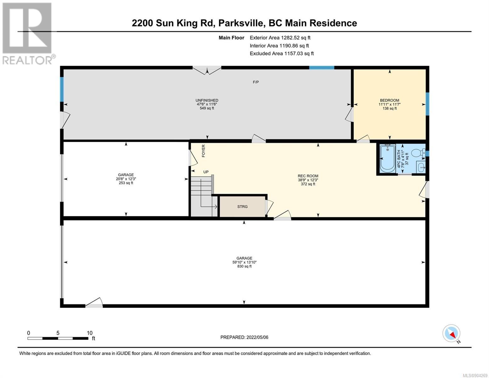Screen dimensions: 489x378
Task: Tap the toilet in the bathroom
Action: click(x=418, y=153)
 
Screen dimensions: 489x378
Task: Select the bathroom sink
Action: click(x=420, y=167)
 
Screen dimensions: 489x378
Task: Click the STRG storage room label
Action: click(x=242, y=206)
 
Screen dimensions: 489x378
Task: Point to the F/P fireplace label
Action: click(x=256, y=82)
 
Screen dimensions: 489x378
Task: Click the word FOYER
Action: click(x=203, y=151)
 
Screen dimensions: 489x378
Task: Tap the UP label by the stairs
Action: click(x=206, y=172)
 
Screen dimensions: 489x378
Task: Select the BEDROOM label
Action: click(x=389, y=100)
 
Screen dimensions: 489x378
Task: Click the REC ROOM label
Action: click(x=308, y=176)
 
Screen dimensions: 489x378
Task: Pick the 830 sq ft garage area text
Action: click(x=244, y=266)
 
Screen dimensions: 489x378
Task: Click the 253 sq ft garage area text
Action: click(x=126, y=183)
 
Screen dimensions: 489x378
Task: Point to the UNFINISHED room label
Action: click(x=207, y=100)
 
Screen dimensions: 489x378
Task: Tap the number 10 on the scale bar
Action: click(x=89, y=333)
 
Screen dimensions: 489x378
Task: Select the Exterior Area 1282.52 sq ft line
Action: click(x=280, y=37)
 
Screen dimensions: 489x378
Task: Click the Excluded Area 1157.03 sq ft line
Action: click(x=282, y=53)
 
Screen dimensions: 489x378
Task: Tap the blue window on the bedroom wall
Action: click(x=427, y=104)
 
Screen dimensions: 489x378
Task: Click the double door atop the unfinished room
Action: click(x=207, y=70)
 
